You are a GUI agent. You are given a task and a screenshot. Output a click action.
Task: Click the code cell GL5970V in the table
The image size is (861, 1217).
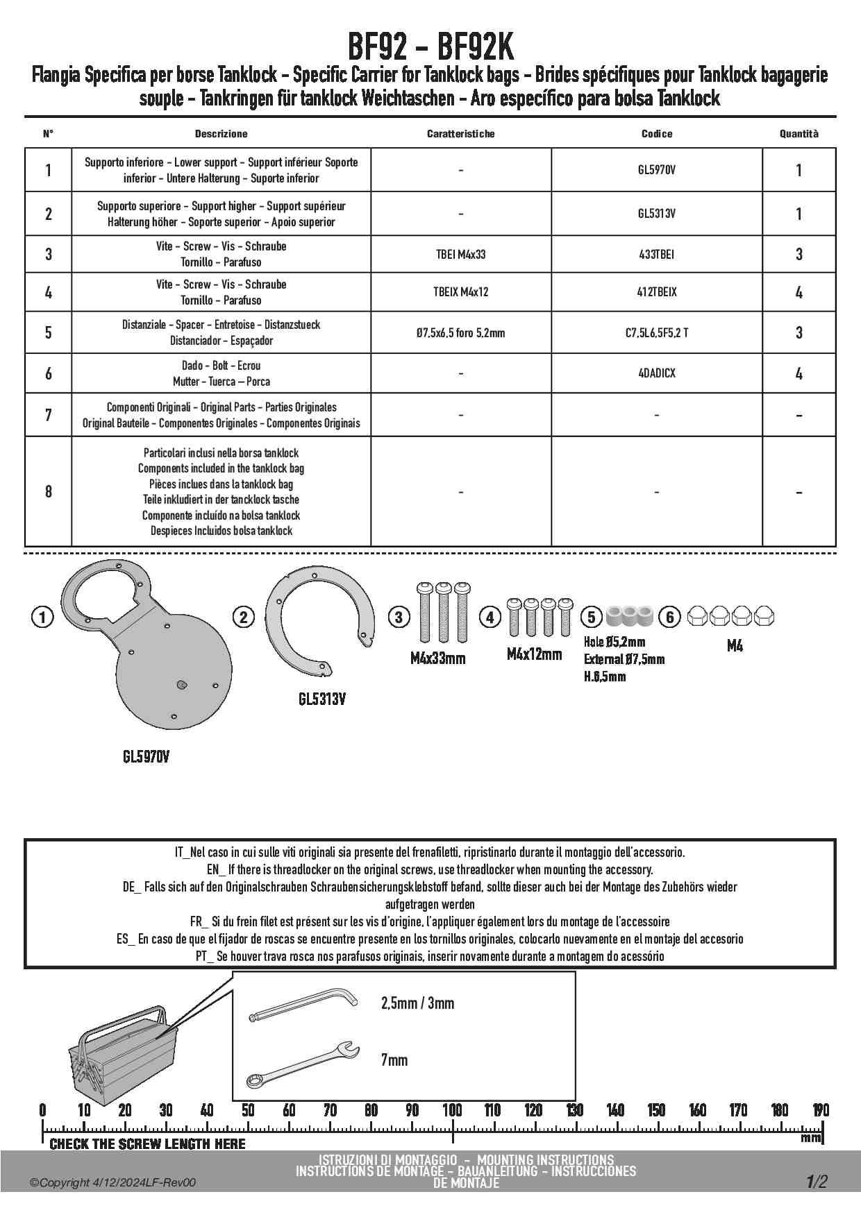tap(656, 170)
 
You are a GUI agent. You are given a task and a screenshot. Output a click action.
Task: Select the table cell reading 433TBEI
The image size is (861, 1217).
tap(656, 254)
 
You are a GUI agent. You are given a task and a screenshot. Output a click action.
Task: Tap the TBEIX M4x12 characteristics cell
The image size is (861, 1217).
tap(460, 292)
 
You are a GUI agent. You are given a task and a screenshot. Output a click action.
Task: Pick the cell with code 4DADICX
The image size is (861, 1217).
tap(656, 373)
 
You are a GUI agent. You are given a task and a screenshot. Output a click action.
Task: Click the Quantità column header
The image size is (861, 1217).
tap(799, 134)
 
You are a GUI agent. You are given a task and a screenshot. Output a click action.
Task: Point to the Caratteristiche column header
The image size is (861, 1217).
tap(460, 134)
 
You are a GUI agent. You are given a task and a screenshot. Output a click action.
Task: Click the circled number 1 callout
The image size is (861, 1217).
tap(42, 617)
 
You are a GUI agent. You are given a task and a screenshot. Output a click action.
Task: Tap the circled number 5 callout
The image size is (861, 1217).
tap(592, 617)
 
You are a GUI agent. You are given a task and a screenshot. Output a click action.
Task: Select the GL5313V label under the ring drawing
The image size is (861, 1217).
tap(322, 699)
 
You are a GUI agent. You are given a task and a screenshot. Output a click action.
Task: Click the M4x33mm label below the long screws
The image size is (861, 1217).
tap(437, 658)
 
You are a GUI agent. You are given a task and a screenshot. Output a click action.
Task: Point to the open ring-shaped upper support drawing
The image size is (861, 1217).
tap(319, 621)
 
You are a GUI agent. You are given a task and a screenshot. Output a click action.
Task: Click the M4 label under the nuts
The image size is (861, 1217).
tap(735, 646)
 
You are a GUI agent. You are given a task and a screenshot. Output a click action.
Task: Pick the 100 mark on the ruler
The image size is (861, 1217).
tap(452, 1110)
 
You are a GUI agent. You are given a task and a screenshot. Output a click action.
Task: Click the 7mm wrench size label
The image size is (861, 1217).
tap(394, 1060)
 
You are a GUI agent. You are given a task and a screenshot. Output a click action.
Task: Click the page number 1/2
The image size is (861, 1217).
tap(817, 1182)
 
